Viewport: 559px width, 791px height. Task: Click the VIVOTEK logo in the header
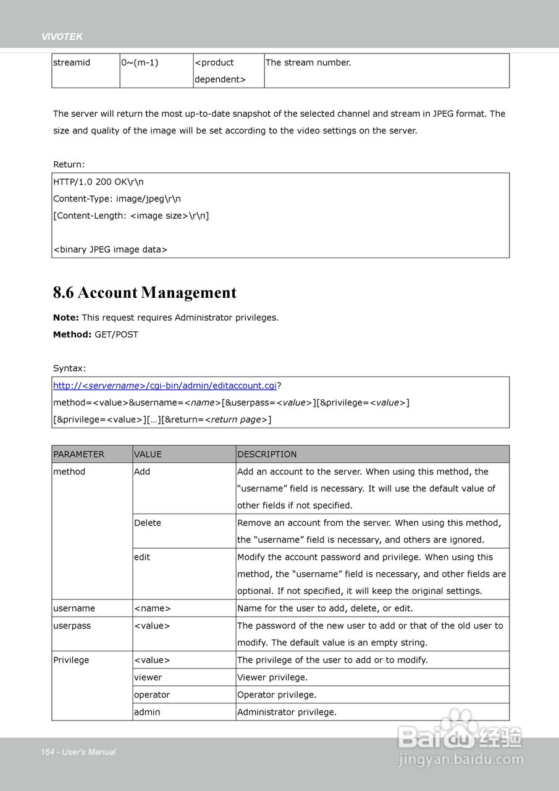[x=62, y=37]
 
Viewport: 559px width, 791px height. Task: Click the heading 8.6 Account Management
[x=145, y=292]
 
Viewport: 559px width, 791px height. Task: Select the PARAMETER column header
[x=79, y=454]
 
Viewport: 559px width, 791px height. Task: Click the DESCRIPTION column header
[x=267, y=454]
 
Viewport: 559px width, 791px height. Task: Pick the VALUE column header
[x=148, y=454]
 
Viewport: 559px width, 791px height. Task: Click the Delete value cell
[x=148, y=523]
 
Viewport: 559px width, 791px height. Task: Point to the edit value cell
[x=142, y=557]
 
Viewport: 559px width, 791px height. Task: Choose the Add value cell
[x=142, y=472]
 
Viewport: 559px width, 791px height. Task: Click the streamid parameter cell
[x=72, y=62]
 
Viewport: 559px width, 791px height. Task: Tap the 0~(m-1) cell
[x=140, y=62]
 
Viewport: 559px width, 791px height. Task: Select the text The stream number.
[x=308, y=62]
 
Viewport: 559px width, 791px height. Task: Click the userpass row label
[x=72, y=625]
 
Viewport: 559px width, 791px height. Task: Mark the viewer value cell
[x=148, y=677]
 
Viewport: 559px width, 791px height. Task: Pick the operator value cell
[x=152, y=695]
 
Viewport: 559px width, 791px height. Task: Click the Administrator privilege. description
[x=287, y=712]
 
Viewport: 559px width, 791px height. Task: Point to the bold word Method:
[x=72, y=334]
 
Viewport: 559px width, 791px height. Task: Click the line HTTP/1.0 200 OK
[x=98, y=182]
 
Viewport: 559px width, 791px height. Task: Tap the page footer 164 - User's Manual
[x=78, y=752]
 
